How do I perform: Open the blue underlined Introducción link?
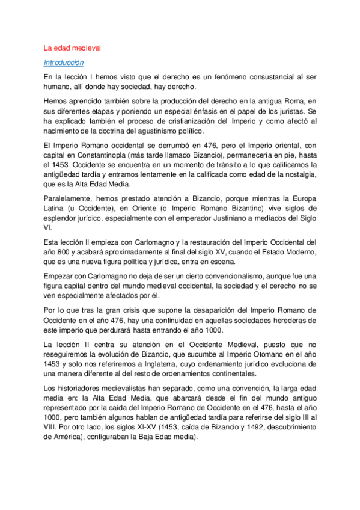[x=64, y=62]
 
